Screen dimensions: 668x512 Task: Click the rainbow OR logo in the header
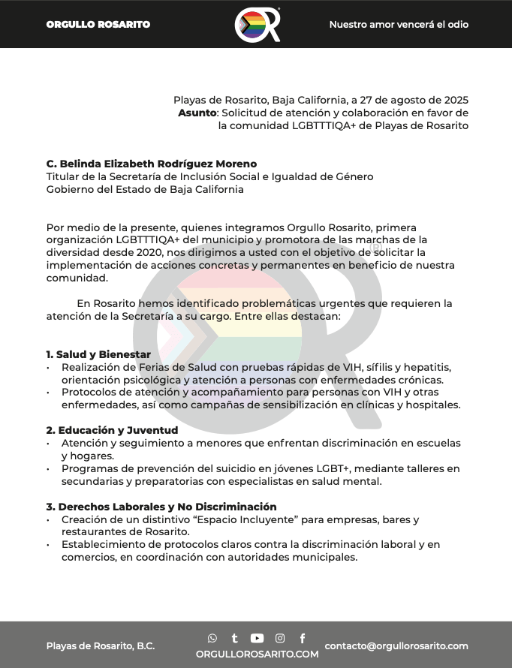click(257, 25)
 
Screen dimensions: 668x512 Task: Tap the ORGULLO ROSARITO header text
click(98, 25)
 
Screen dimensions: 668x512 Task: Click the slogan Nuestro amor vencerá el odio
click(399, 25)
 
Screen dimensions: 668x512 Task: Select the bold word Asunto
click(197, 113)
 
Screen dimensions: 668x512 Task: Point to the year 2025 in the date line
click(454, 100)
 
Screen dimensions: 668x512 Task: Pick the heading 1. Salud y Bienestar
click(98, 354)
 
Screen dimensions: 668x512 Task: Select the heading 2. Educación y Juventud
click(112, 430)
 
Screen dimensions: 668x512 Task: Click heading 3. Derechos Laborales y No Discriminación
click(161, 507)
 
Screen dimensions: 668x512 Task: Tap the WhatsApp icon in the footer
click(212, 638)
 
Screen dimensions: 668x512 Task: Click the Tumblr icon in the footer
click(234, 638)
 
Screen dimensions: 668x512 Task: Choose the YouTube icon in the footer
click(257, 638)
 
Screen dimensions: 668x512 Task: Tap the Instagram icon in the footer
click(280, 638)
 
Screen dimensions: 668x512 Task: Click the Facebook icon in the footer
click(303, 638)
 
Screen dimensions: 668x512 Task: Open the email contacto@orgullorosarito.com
click(396, 645)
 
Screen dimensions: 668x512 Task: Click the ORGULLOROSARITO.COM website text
click(257, 654)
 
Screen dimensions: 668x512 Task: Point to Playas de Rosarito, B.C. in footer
click(101, 646)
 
